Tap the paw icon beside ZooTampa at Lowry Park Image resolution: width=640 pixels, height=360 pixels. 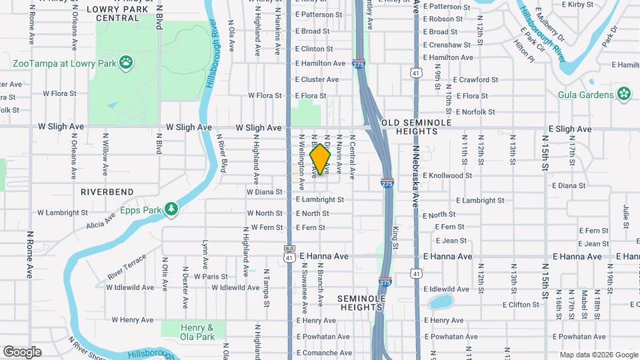point(126,63)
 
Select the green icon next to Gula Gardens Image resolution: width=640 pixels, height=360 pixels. point(623,94)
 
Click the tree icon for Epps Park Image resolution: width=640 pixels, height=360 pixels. point(171,209)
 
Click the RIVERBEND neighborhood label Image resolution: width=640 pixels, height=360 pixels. point(107,191)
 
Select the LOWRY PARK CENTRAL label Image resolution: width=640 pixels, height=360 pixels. point(117,13)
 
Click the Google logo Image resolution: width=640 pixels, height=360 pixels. point(21,352)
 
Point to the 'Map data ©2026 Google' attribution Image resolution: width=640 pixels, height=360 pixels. point(598,355)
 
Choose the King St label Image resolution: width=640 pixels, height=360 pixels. point(395,238)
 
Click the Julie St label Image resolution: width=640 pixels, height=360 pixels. point(626,217)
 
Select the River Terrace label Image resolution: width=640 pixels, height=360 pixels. point(126,267)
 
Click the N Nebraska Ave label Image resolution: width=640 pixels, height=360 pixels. point(415,177)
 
